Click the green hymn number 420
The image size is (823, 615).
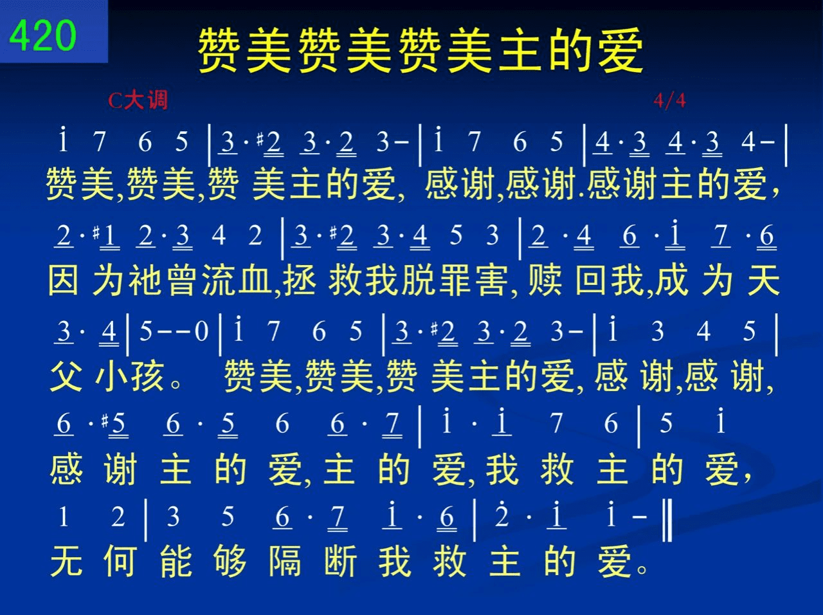click(x=42, y=35)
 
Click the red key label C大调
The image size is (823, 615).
click(x=138, y=100)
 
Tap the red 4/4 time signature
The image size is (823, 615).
click(x=669, y=100)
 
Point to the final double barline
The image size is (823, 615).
click(x=667, y=520)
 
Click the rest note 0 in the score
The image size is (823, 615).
click(x=202, y=331)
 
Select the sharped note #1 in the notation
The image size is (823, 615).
click(x=107, y=237)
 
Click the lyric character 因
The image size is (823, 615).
click(x=64, y=280)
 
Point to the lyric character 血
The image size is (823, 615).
click(x=254, y=280)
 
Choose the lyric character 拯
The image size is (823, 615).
click(x=299, y=280)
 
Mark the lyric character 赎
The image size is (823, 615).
click(x=545, y=280)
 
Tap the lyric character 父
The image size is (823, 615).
click(x=66, y=376)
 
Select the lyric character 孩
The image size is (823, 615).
click(x=147, y=376)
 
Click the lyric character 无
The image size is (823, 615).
click(x=66, y=560)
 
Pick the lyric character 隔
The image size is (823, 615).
click(x=285, y=560)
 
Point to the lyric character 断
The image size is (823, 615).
click(x=340, y=560)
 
